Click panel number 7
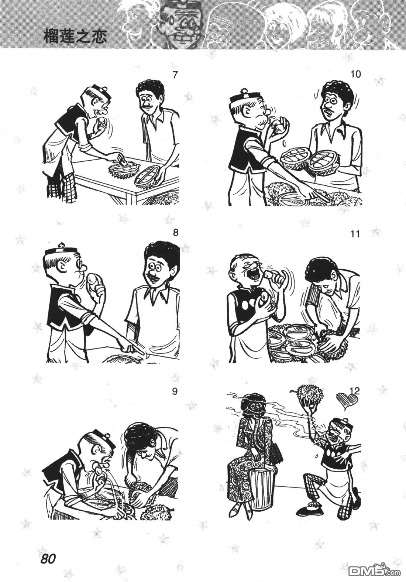click(175, 75)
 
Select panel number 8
click(176, 233)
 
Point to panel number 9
click(175, 391)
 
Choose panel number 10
click(355, 74)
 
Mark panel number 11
click(355, 234)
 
